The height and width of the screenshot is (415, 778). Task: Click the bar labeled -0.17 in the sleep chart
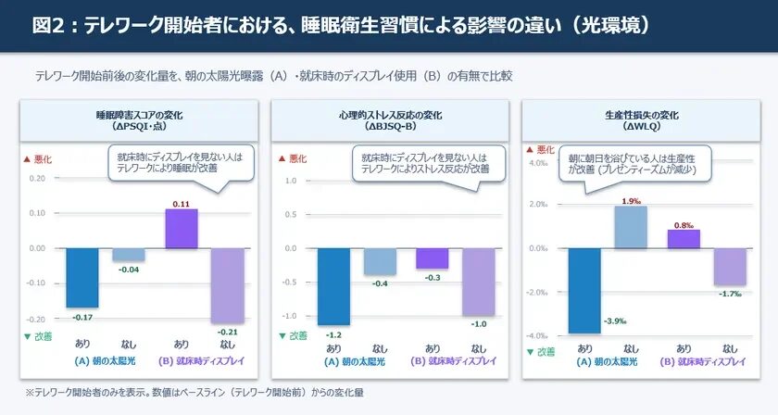point(82,277)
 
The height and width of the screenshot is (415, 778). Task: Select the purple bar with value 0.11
point(181,229)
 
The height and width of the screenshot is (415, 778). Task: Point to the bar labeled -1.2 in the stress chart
point(334,286)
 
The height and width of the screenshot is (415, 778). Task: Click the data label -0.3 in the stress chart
point(432,277)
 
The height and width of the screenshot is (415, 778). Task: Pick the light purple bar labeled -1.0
point(479,282)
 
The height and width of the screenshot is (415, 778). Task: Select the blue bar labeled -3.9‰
point(585,290)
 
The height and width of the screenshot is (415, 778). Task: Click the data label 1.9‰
point(632,201)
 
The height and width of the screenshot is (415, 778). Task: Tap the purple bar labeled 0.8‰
point(684,239)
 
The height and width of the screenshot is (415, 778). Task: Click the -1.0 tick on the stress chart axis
point(290,316)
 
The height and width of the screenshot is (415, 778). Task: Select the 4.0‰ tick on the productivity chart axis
point(538,163)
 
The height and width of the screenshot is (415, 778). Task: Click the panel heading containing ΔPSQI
point(138,120)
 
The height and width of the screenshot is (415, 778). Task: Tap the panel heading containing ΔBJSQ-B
point(390,120)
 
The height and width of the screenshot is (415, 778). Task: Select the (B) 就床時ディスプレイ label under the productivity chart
point(702,361)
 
